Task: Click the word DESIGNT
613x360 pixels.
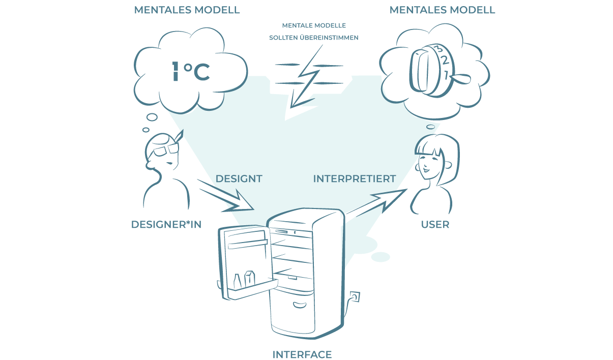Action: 239,179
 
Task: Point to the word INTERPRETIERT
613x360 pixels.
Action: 354,179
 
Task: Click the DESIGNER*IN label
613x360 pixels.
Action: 166,224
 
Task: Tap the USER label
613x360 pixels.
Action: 435,224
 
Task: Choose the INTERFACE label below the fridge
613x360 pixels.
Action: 302,354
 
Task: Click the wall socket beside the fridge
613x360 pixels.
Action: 355,296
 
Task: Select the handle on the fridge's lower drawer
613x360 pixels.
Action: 299,305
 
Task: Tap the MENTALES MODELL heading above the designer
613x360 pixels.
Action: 187,10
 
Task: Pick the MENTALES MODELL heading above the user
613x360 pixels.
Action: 442,10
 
